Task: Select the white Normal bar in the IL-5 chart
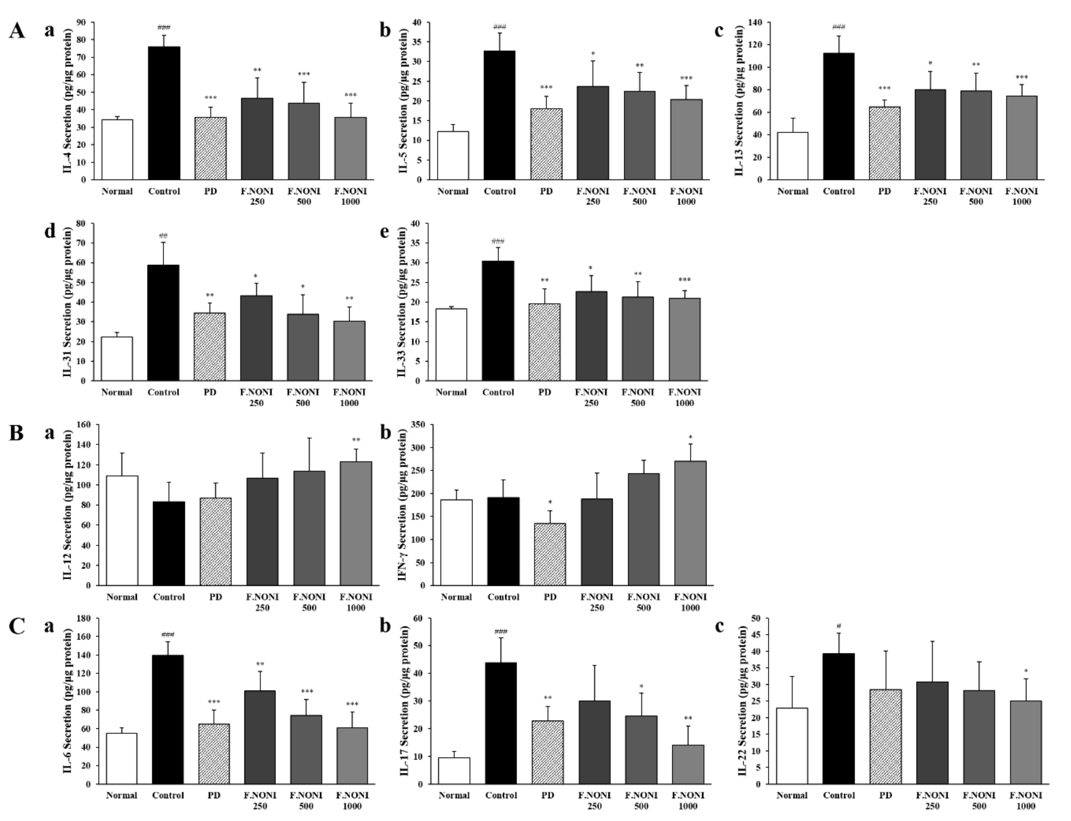pyautogui.click(x=453, y=155)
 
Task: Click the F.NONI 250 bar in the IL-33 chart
pyautogui.click(x=591, y=336)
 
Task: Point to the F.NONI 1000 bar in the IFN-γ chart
pyautogui.click(x=690, y=523)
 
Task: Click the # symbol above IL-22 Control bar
pyautogui.click(x=838, y=625)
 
